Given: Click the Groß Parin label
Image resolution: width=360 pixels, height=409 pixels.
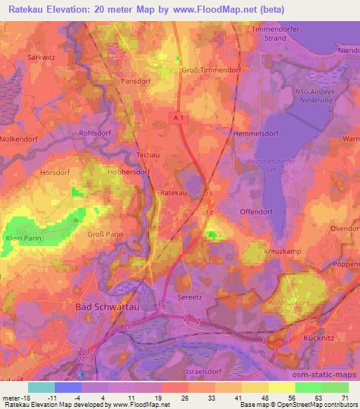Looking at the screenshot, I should pos(105,233).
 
